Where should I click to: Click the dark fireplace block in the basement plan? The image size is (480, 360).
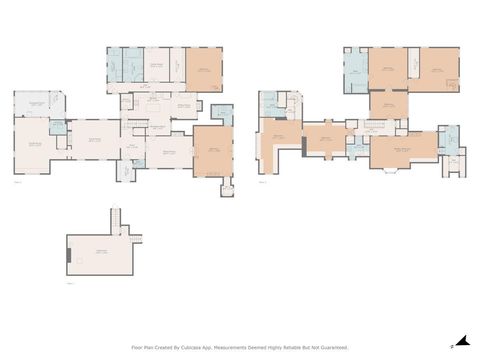[68, 256]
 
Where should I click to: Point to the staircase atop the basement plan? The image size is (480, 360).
[114, 219]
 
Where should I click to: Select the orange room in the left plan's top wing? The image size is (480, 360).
[203, 69]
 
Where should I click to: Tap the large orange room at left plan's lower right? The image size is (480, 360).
[212, 151]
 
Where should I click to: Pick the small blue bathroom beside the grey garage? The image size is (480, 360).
[58, 127]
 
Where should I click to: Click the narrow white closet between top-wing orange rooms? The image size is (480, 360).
[413, 69]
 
